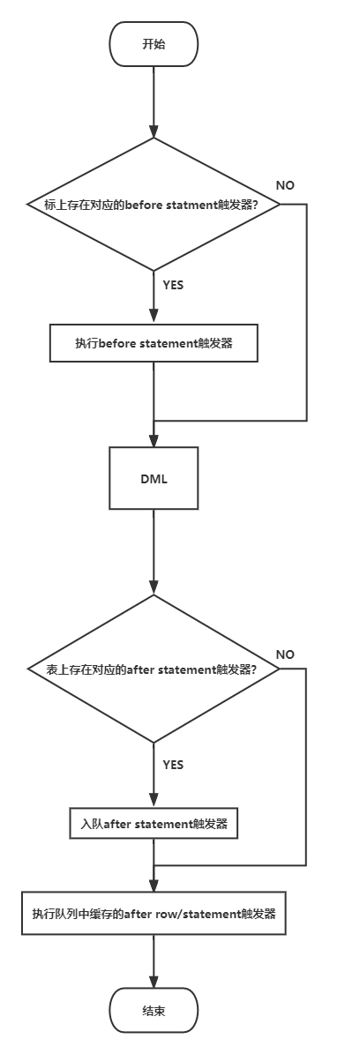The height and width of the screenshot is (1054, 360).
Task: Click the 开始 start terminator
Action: point(154,44)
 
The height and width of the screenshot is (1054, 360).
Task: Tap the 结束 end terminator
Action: point(154,1010)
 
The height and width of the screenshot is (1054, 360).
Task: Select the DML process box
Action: point(154,478)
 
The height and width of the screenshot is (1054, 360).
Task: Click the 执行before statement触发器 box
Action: point(154,343)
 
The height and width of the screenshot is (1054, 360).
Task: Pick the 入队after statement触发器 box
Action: point(154,824)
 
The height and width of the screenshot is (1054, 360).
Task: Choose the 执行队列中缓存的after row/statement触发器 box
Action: point(154,914)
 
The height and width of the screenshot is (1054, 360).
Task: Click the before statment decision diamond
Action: point(154,205)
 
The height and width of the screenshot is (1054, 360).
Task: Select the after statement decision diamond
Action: point(154,669)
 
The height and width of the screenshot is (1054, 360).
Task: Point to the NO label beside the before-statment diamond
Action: point(285,185)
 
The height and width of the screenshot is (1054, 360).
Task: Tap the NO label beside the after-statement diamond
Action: point(285,654)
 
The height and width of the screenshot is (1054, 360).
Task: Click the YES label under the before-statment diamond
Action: point(173,285)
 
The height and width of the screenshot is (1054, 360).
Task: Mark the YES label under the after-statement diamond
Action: point(173,765)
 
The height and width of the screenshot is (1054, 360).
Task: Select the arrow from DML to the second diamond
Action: point(154,552)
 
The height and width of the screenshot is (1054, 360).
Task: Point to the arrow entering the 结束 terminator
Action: point(154,961)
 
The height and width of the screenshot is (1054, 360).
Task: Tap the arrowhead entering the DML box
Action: point(154,441)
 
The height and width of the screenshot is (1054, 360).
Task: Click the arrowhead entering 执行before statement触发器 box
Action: point(154,318)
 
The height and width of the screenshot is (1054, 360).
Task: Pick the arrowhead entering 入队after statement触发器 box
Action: point(154,801)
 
